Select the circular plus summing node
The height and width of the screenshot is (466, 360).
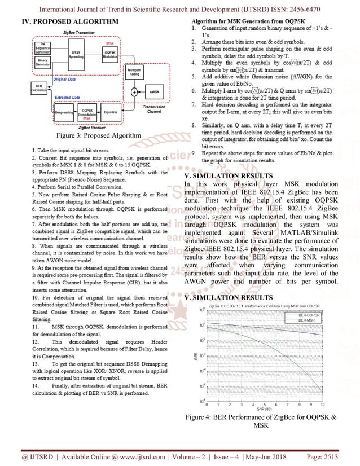click(134, 92)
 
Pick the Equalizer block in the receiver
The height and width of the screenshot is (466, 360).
click(111, 112)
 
